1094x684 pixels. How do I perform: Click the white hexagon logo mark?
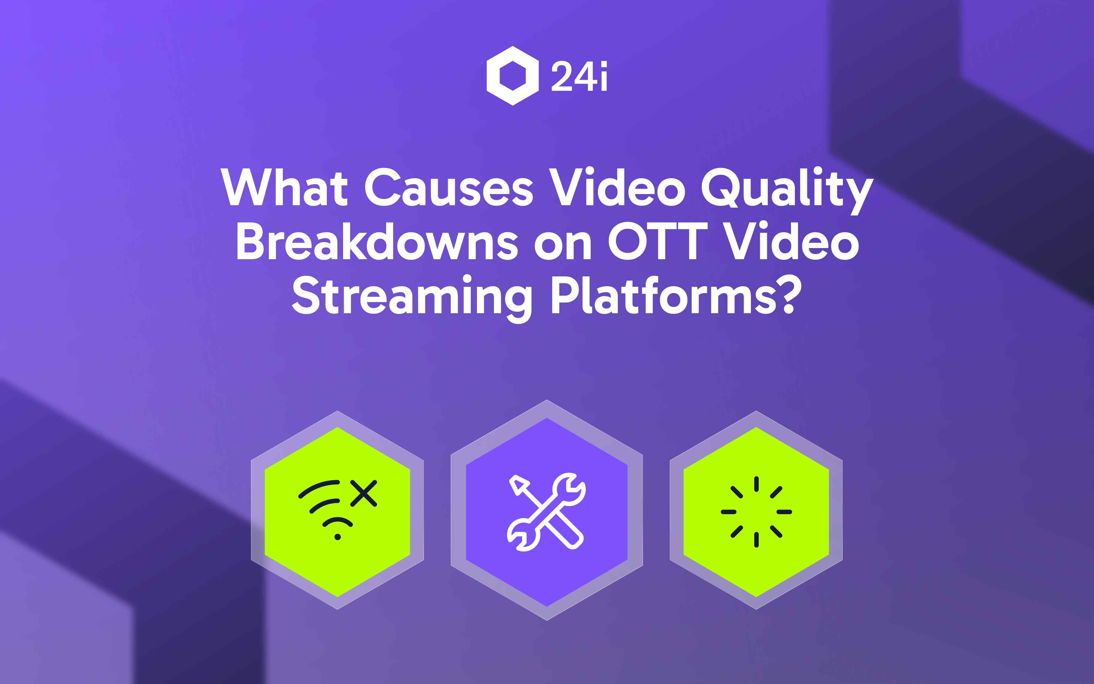(x=513, y=76)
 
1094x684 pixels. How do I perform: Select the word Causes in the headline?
(x=449, y=187)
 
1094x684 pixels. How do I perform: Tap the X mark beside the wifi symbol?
(x=364, y=493)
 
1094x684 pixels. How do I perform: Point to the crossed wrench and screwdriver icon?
(x=546, y=511)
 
